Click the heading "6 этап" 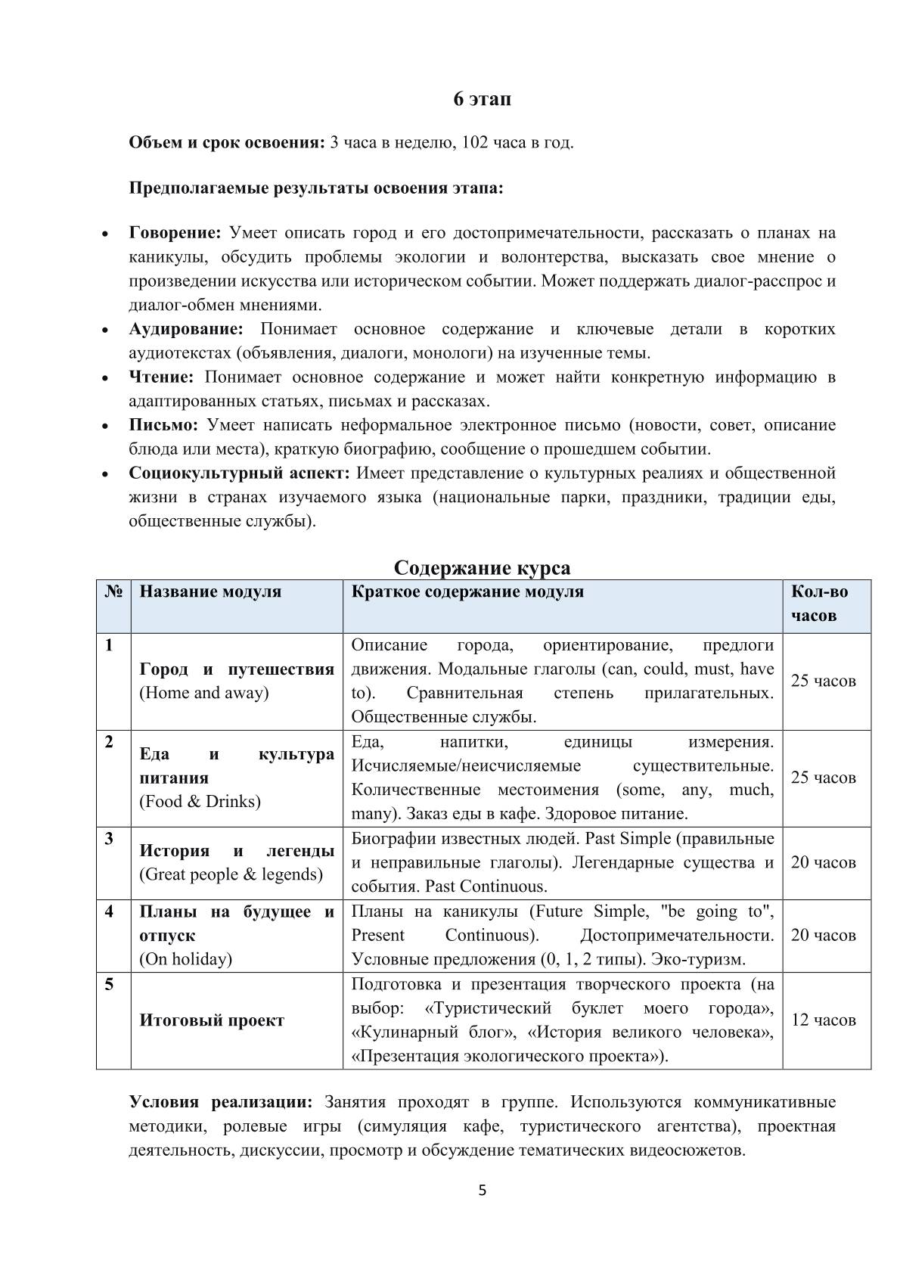click(483, 99)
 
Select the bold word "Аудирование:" click(186, 329)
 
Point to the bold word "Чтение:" click(161, 377)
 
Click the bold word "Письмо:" click(163, 425)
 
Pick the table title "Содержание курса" click(482, 567)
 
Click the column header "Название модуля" click(210, 591)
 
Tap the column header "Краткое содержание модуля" click(467, 591)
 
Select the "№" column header click(113, 591)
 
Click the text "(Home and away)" click(204, 693)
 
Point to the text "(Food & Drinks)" click(200, 802)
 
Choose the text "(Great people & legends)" click(231, 874)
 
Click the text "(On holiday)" click(185, 959)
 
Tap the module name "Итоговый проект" click(212, 1020)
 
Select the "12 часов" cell click(824, 1020)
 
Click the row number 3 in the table click(110, 839)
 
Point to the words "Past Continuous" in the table click(486, 886)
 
